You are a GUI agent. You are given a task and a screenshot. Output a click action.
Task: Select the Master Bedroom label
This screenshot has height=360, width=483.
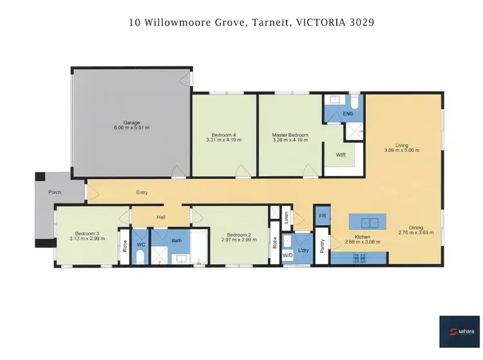point(290,135)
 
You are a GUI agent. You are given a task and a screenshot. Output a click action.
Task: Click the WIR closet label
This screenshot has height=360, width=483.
point(341,155)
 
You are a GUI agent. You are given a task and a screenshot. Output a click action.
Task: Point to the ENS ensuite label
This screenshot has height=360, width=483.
point(347,113)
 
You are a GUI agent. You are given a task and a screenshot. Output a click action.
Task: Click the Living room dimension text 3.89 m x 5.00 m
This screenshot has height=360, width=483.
point(401,151)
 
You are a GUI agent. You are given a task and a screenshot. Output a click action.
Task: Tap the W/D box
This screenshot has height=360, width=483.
point(288,256)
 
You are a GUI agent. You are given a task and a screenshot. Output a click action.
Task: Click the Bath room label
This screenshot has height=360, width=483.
point(176,241)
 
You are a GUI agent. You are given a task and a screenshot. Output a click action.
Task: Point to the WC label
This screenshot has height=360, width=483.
point(141,245)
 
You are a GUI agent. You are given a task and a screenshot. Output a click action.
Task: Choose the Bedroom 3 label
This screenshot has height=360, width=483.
point(87,233)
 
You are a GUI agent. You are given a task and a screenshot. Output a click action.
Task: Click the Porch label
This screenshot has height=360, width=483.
point(55,193)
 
